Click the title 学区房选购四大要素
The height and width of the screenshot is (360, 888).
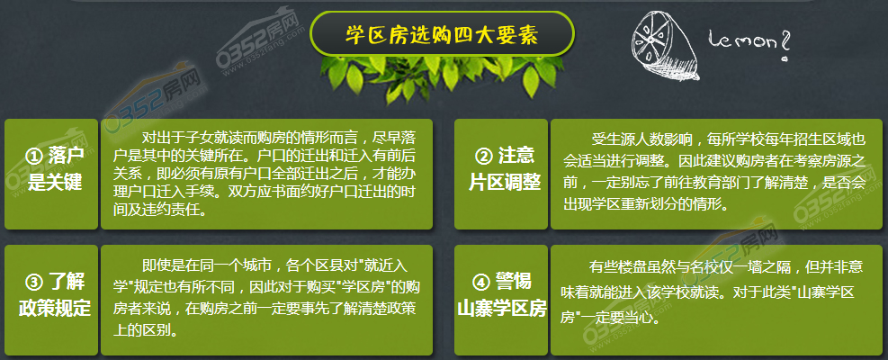442,35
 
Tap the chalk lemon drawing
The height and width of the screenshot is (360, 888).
666,45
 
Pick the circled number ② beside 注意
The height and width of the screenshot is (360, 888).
482,157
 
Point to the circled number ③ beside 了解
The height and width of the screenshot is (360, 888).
34,281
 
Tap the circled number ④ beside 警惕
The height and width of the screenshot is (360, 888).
480,282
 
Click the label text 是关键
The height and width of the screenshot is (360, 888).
55,183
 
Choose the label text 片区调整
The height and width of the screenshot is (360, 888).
504,183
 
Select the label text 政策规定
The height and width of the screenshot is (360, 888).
54,308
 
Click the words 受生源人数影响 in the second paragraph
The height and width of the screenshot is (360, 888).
634,138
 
